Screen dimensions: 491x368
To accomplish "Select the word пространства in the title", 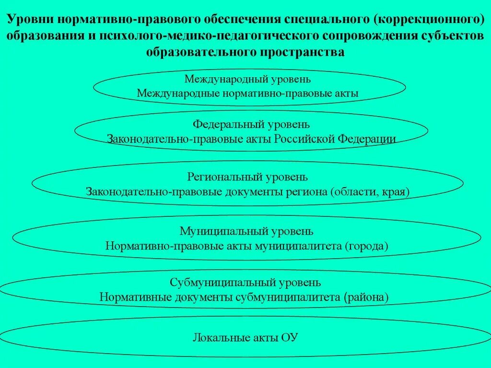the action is coord(302,52).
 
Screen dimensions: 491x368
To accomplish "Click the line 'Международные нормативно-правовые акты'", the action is coord(247,93).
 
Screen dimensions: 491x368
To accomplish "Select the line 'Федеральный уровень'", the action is coord(248,124).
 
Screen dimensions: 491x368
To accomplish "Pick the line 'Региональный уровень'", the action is coord(247,177).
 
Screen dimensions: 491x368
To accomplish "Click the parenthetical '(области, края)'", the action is coord(369,192).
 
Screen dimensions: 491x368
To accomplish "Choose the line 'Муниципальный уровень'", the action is coord(247,231).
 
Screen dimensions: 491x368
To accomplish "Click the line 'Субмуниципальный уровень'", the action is coord(245,282).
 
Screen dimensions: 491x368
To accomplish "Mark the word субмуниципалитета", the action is coord(288,297).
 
